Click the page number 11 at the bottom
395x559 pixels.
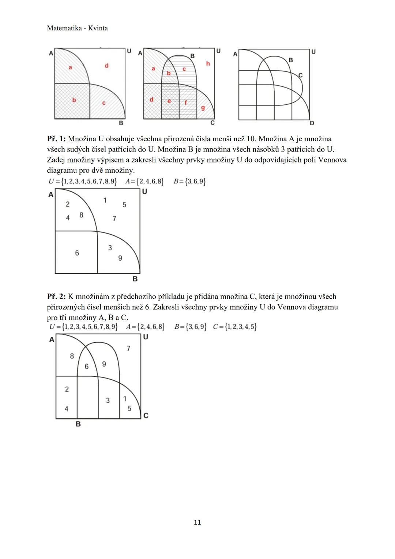[x=197, y=522]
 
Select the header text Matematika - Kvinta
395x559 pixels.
[x=78, y=28]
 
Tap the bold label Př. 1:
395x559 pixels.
[x=56, y=139]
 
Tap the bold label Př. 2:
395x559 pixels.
[x=56, y=297]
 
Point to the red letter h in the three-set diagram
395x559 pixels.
[x=208, y=64]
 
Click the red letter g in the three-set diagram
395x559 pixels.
[x=203, y=108]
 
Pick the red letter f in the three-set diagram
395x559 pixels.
[x=185, y=103]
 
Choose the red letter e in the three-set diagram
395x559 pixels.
[x=169, y=101]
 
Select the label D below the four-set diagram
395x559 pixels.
[x=312, y=123]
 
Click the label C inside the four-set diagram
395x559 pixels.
[x=301, y=75]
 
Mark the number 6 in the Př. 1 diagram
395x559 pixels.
[x=77, y=253]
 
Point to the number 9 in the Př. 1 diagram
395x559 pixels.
[x=120, y=258]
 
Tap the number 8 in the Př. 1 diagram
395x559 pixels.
[x=81, y=215]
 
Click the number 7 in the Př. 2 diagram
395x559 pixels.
[x=128, y=349]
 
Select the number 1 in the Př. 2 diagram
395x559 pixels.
[x=125, y=399]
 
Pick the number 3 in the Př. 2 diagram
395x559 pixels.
[x=108, y=400]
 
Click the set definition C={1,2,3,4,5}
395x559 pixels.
[x=234, y=327]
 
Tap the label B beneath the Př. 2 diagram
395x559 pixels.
[x=78, y=424]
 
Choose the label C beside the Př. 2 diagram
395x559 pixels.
[x=146, y=415]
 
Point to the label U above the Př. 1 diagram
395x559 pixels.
[x=144, y=191]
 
